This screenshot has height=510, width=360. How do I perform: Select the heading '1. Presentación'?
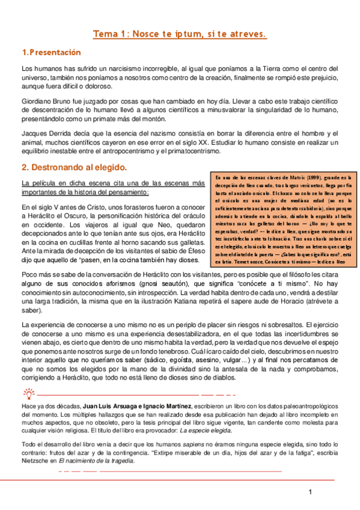point(50,53)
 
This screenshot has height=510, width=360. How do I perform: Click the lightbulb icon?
point(28,394)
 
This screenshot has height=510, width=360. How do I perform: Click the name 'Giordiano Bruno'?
point(47,102)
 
